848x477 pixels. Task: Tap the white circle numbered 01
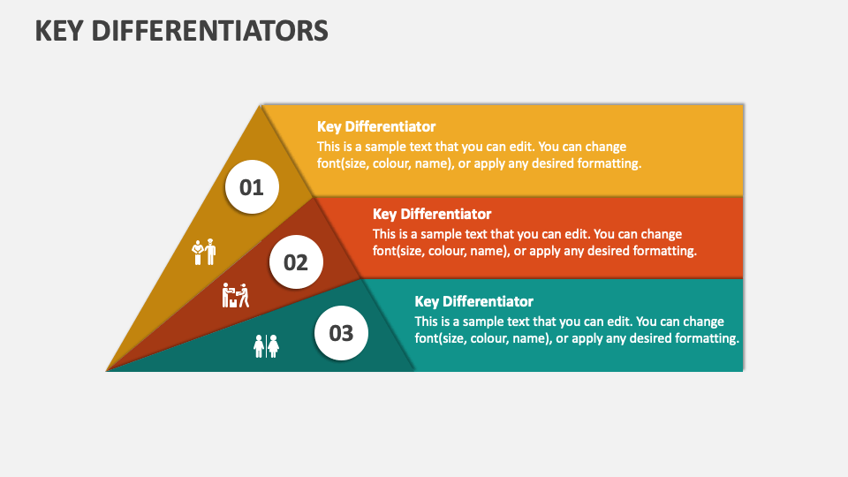[x=252, y=187]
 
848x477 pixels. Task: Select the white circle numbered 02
[x=297, y=262]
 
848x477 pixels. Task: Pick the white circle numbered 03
[x=341, y=333]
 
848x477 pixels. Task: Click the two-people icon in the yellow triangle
[x=204, y=252]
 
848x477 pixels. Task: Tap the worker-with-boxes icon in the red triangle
[x=235, y=295]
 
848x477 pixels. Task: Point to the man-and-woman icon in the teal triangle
[x=266, y=346]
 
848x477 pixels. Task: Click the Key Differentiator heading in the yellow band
[x=376, y=126]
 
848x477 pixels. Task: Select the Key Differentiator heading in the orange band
[x=432, y=214]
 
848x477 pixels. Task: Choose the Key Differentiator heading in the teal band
[x=474, y=301]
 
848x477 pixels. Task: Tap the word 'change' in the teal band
[x=704, y=322]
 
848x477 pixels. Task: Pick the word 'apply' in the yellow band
[x=489, y=164]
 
